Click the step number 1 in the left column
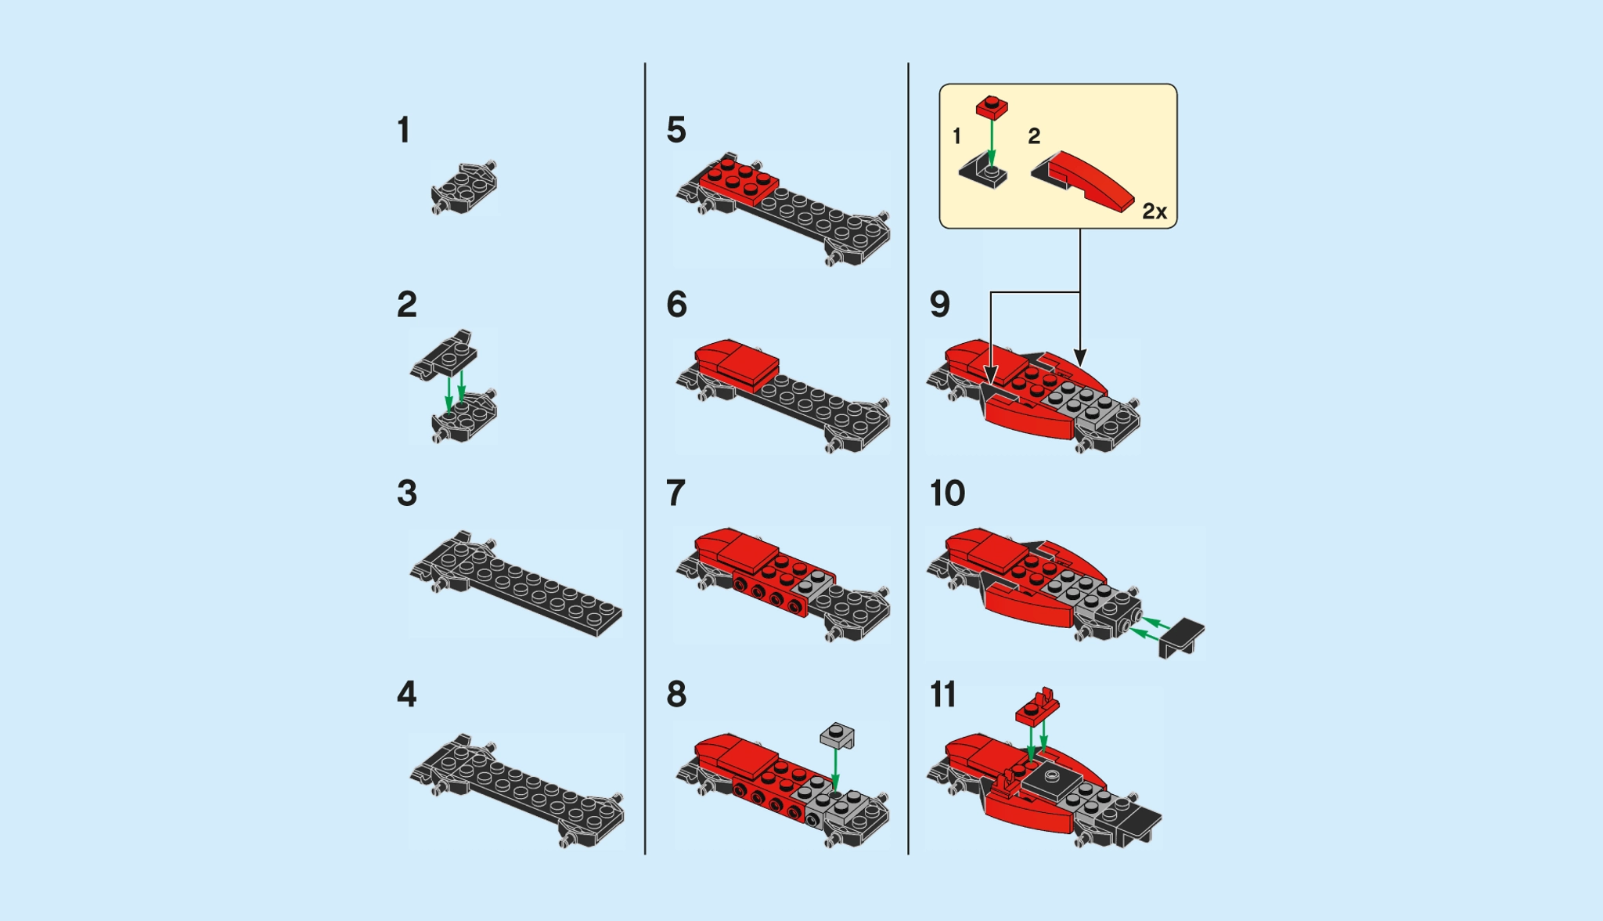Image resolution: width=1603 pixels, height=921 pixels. point(403,130)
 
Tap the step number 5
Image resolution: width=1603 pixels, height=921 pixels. point(676,130)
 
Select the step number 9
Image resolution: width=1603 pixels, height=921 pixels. point(939,304)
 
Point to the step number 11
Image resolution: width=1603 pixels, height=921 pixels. point(943,695)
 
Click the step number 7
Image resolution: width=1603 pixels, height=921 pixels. point(676,493)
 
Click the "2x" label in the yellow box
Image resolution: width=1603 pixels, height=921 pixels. point(1155,211)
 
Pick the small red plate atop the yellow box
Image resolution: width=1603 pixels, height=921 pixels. point(992,107)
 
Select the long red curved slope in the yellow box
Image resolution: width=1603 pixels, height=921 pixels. point(1092,180)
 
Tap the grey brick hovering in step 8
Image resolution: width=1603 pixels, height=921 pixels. point(838,735)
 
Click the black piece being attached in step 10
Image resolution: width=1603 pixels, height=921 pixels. point(1182,636)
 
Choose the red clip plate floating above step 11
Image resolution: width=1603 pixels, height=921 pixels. point(1038,706)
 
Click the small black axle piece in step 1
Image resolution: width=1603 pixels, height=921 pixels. point(463,189)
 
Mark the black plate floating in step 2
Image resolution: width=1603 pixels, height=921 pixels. point(445,355)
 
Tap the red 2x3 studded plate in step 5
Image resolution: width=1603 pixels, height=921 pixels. point(737,179)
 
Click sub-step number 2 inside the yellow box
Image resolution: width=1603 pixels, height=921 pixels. point(1034,136)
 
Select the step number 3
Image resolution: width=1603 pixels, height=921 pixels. point(407,493)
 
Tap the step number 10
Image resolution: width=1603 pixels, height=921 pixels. point(948,493)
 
